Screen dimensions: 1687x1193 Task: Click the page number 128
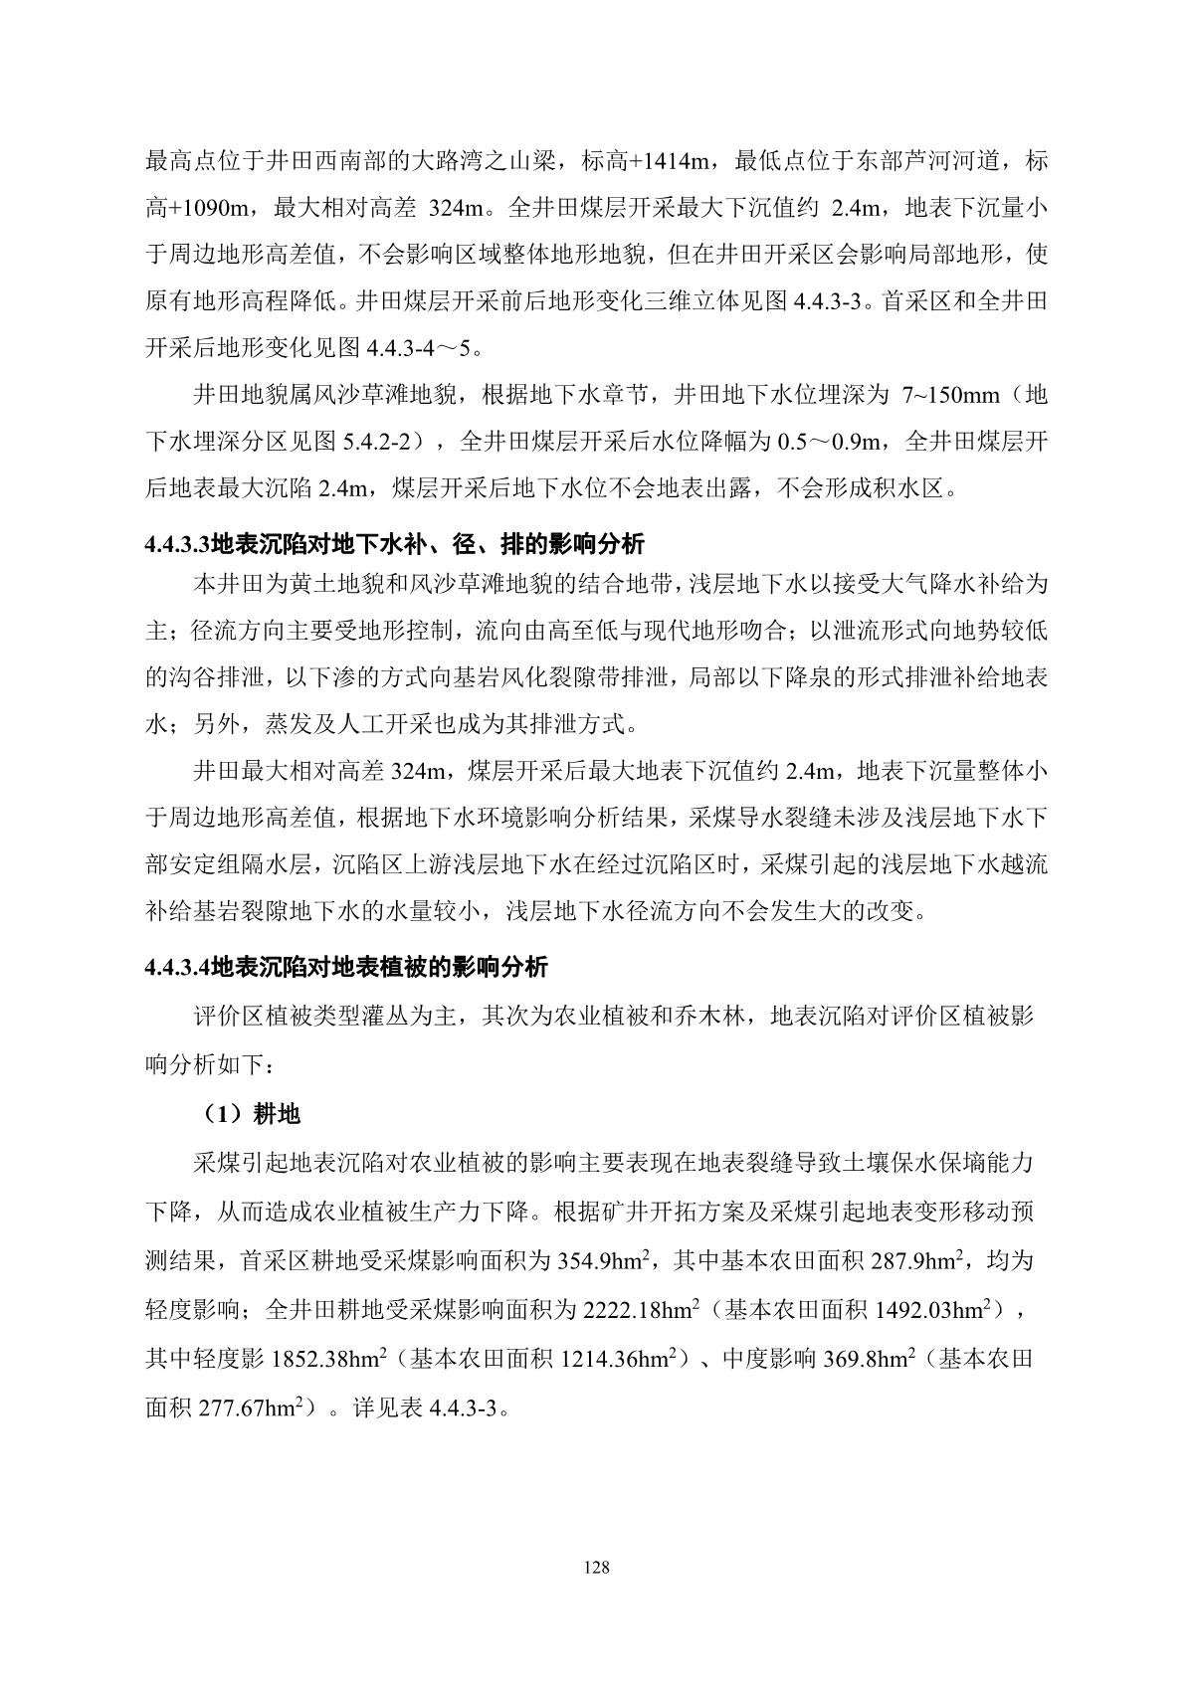597,1569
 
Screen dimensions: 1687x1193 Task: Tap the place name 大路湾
466,161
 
